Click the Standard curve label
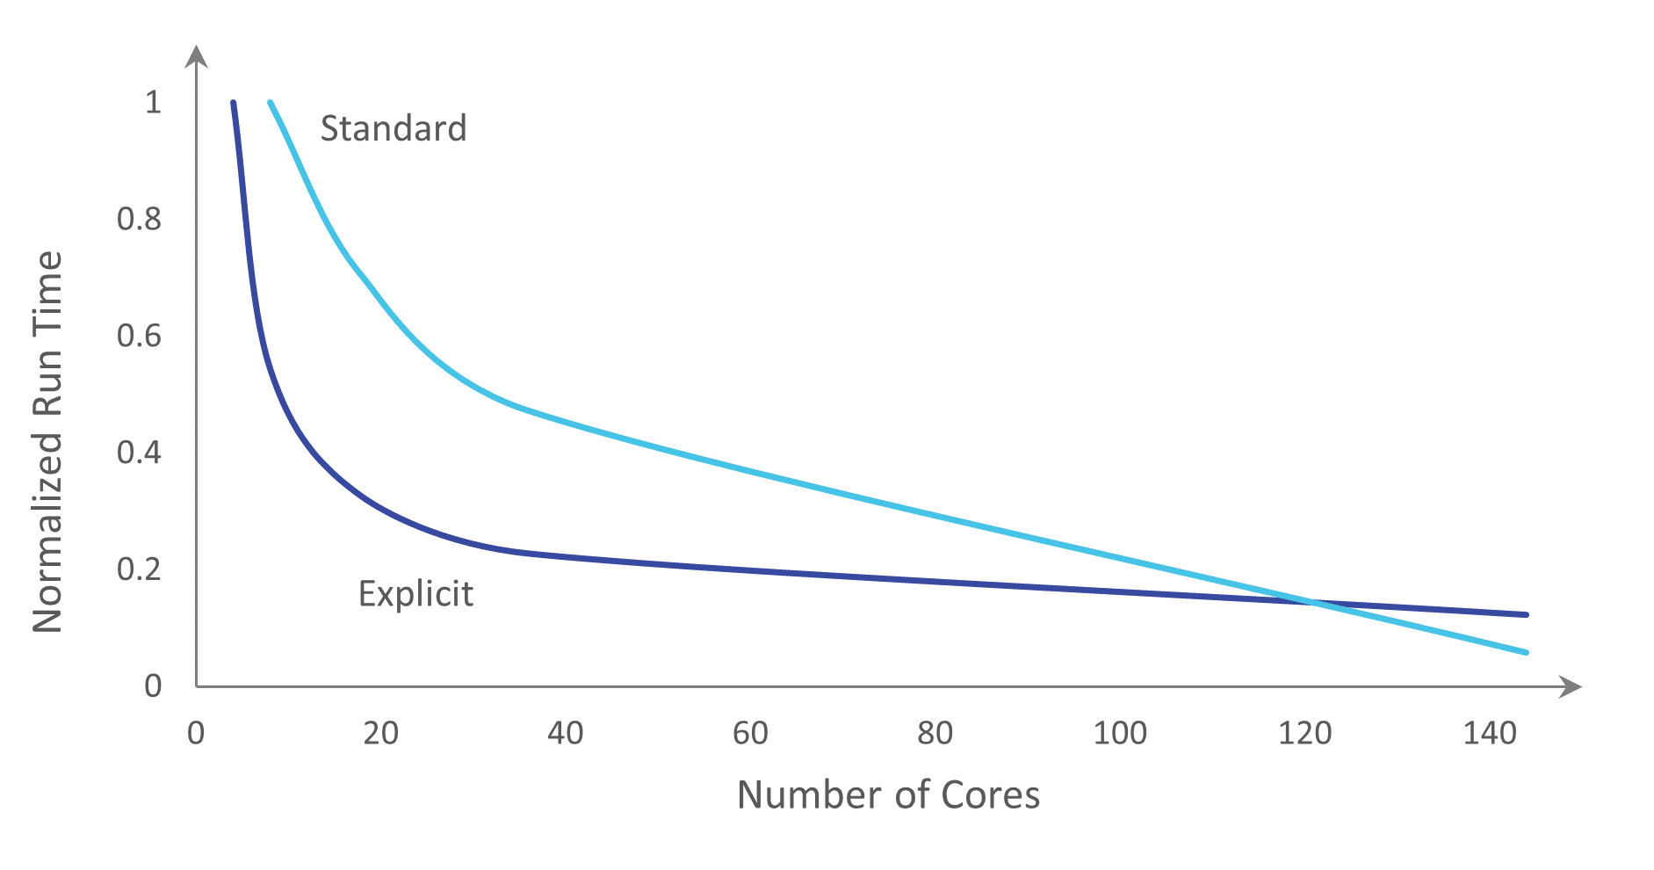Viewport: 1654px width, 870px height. tap(393, 128)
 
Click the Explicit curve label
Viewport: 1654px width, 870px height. tap(415, 594)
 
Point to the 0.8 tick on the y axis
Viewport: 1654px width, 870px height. tap(139, 219)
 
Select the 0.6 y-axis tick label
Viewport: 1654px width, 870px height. tap(139, 336)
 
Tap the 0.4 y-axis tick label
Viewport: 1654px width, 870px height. tap(139, 453)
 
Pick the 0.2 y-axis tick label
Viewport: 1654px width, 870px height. tap(139, 569)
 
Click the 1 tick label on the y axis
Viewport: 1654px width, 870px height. tap(153, 102)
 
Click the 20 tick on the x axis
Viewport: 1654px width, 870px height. tap(380, 733)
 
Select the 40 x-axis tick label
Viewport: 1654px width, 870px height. tap(565, 733)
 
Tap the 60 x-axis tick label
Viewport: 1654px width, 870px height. tap(750, 733)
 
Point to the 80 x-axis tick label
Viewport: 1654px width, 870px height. tap(935, 733)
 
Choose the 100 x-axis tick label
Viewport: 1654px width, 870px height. tap(1120, 733)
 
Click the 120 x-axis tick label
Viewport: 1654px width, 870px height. tap(1304, 733)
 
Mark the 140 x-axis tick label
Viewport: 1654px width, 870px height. tap(1490, 733)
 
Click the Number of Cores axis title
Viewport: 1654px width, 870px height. tap(888, 794)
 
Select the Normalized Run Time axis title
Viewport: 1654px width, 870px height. tap(47, 442)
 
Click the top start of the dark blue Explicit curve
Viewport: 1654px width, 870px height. tap(233, 103)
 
